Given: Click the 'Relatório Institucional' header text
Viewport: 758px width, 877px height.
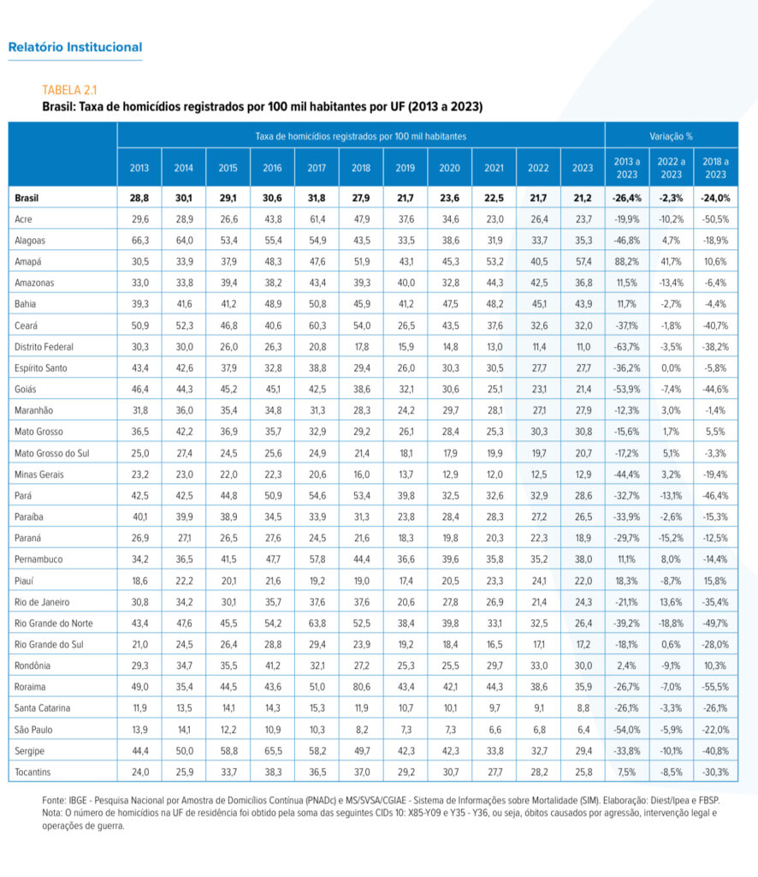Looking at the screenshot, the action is click(x=74, y=47).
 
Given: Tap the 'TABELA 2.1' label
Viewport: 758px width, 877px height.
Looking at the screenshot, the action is click(x=69, y=90).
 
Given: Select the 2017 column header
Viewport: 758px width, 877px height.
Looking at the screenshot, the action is click(x=317, y=168).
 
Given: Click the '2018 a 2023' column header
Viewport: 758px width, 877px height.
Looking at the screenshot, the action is click(x=715, y=168).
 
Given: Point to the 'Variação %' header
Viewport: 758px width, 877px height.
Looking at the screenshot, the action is click(x=671, y=136).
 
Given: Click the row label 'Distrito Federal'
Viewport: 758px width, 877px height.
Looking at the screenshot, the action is click(x=44, y=347).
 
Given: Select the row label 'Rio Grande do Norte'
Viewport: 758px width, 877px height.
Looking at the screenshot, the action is click(x=54, y=623).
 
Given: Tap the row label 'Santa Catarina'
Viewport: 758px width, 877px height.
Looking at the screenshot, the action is click(x=43, y=708).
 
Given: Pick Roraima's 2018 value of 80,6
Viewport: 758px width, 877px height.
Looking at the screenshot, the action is click(x=361, y=687).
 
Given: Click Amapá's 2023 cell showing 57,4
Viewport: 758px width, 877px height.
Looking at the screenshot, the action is click(x=583, y=262).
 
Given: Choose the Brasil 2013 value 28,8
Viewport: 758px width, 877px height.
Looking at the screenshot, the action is click(x=139, y=198).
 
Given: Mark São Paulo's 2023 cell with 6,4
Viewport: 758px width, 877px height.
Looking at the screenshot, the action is click(x=583, y=730).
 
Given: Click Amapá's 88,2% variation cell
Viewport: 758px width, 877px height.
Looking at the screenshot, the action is click(x=626, y=262).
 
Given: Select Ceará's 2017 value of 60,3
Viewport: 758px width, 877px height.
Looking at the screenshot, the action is click(x=317, y=325).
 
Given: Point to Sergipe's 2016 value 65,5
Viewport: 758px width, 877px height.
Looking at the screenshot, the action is click(x=273, y=750).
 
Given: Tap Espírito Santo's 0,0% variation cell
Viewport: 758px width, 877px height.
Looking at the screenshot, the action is click(x=671, y=368).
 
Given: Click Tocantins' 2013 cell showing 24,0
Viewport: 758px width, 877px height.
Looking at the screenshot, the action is click(x=140, y=772).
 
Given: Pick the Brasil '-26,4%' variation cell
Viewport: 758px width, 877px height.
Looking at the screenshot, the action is click(x=627, y=198).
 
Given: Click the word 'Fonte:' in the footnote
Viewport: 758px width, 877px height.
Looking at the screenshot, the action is click(x=54, y=801).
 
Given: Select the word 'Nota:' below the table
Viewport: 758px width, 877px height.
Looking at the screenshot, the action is click(x=52, y=813).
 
